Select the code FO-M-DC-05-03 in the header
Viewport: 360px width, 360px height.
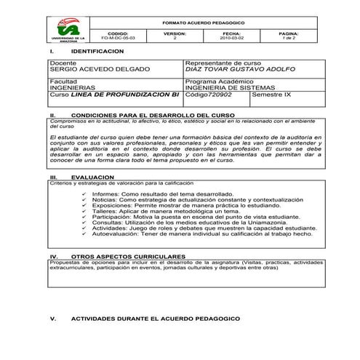(116, 39)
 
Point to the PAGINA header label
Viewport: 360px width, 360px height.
(288, 33)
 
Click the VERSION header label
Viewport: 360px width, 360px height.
(175, 33)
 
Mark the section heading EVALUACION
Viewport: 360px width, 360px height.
(88, 177)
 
